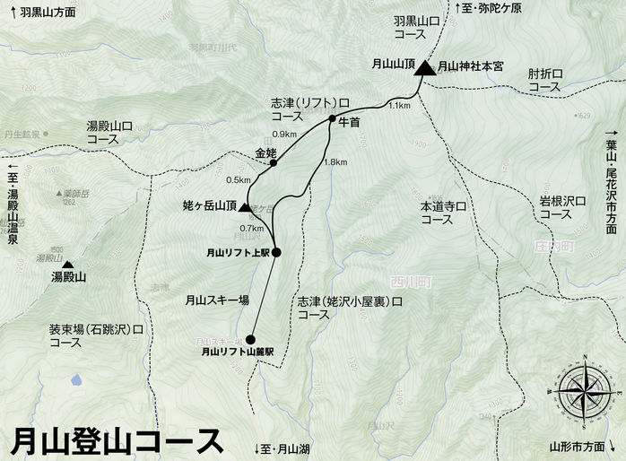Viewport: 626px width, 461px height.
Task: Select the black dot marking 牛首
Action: coord(332,118)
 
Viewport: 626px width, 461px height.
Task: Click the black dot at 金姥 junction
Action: coord(273,163)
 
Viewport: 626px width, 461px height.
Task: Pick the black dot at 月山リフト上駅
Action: coord(276,252)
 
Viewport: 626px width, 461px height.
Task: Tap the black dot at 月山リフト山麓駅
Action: coord(249,339)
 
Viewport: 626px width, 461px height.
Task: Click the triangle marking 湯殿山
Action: coord(67,265)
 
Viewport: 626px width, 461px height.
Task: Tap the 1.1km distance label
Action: coord(399,106)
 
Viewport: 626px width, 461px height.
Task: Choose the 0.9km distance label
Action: coord(283,135)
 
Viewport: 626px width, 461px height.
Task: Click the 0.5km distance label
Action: coord(239,178)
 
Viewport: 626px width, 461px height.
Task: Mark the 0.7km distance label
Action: coord(251,229)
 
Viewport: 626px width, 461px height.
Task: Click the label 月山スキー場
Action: coord(216,301)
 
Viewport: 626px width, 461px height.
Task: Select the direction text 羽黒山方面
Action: coord(47,13)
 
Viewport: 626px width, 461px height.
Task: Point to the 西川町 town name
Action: coord(412,281)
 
